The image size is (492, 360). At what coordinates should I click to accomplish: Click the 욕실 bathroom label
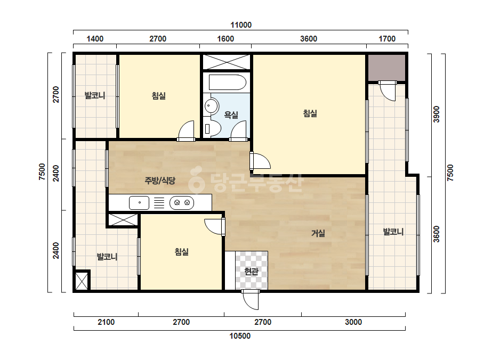point(231,115)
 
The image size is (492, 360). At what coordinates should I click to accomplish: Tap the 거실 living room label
point(318,233)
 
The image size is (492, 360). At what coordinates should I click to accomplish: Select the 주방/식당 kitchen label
point(160,181)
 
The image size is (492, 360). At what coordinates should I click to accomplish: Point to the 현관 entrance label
point(252,271)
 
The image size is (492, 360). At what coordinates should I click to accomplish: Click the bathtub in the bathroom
point(227,82)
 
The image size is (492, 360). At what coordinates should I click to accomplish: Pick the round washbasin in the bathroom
point(212,106)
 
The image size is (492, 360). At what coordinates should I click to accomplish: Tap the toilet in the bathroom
point(213,128)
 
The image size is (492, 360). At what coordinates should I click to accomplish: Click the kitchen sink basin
point(139,203)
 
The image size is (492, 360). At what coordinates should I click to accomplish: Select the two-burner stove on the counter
point(182,203)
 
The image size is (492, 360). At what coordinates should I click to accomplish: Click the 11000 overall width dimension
point(241,25)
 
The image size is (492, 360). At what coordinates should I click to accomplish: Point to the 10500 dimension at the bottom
point(240,336)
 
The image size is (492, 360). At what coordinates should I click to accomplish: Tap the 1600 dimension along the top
point(225,38)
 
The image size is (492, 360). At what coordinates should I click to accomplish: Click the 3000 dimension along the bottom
point(353,322)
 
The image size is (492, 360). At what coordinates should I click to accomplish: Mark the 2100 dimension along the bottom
point(106,322)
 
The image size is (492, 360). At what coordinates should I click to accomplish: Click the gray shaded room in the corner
point(386,68)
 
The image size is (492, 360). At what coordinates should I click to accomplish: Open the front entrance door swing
point(251,299)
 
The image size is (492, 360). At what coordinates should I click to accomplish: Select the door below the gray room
point(388,91)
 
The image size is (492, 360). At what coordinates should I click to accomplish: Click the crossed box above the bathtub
point(226,62)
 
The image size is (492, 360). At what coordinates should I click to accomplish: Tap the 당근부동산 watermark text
point(246,182)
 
